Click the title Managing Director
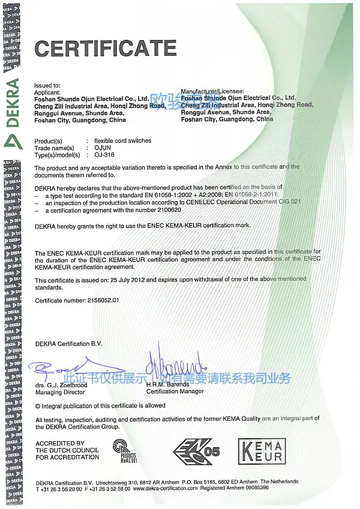61,391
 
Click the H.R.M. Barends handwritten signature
176,364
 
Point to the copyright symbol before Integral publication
38,406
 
